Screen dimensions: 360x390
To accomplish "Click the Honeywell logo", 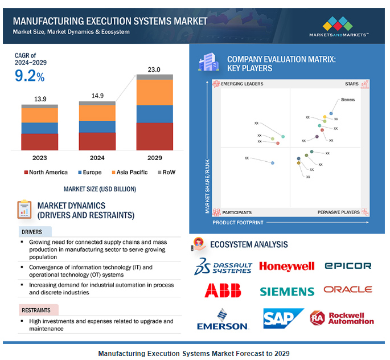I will click(x=286, y=266).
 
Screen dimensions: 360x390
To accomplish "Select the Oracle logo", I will click(x=347, y=289).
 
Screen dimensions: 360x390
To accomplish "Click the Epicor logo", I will click(x=347, y=265).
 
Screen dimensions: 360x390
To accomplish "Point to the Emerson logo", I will click(x=223, y=319).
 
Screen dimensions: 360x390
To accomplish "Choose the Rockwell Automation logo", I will click(x=342, y=318).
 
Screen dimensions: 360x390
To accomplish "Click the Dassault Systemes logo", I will click(x=223, y=266).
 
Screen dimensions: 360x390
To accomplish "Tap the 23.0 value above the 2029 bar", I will click(x=154, y=69).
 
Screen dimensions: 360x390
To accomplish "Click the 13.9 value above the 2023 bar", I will click(x=40, y=99).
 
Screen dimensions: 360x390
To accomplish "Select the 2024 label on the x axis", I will click(x=97, y=158).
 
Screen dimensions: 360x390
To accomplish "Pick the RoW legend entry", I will click(x=166, y=172).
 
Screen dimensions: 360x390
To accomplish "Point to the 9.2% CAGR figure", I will click(x=30, y=75).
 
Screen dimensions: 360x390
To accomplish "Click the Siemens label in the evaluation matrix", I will click(x=347, y=100).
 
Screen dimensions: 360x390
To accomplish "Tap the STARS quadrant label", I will click(x=351, y=84).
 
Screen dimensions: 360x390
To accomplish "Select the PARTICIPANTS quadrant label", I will click(x=237, y=212).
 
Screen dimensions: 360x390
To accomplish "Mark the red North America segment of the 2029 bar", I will click(x=154, y=136).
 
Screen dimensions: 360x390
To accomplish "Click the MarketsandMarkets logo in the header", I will click(x=339, y=26).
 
